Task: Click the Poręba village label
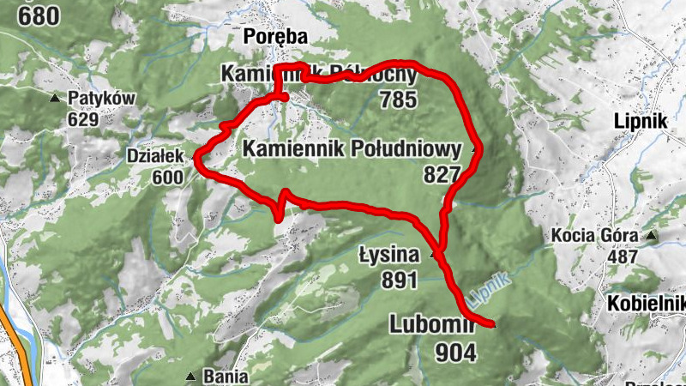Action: [x=274, y=36]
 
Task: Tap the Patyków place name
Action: [x=103, y=99]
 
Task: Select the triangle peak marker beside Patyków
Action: [x=56, y=99]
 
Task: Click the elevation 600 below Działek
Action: [x=168, y=177]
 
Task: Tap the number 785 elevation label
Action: [x=398, y=100]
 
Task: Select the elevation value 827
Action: [x=442, y=174]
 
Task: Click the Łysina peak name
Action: [x=388, y=255]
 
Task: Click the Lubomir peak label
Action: [x=432, y=324]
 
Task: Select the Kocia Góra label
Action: [x=597, y=235]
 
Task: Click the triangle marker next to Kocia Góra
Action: [x=652, y=235]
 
